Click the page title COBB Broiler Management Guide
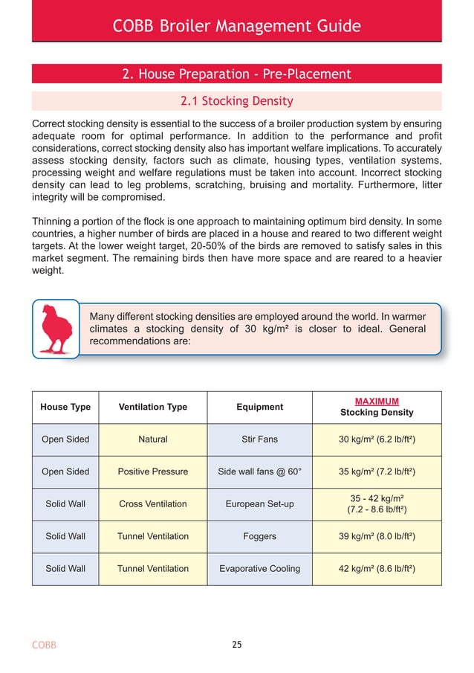236,27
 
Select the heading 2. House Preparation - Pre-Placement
236,74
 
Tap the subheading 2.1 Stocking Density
237,100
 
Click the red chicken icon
56,328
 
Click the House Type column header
65,407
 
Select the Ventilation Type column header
153,407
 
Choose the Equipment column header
259,407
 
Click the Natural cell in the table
153,439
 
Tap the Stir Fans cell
259,439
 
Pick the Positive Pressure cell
153,471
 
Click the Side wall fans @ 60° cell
259,471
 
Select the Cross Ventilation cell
153,504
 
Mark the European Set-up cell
259,504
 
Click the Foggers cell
259,536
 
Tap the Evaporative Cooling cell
259,569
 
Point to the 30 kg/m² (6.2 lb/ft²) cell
377,439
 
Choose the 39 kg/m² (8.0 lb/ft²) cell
377,536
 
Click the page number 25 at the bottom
236,645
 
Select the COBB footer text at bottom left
44,645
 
